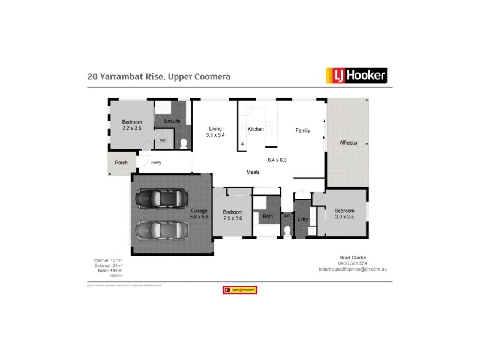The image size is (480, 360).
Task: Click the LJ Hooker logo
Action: tap(356, 75)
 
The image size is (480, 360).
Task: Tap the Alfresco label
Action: tap(349, 143)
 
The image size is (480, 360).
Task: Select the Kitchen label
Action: tap(256, 129)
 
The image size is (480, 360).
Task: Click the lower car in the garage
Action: tap(159, 230)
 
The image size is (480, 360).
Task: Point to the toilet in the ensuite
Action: tap(184, 142)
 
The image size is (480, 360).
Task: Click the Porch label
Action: tap(121, 163)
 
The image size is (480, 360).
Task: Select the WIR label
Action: tap(163, 140)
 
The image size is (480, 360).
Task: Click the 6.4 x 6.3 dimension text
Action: tap(277, 160)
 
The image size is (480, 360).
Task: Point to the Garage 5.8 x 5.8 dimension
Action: tap(199, 217)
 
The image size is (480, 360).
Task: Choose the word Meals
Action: tap(253, 172)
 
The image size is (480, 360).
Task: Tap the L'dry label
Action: tap(303, 220)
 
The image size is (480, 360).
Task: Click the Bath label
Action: tap(268, 216)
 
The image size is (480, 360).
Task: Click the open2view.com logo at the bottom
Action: tap(240, 290)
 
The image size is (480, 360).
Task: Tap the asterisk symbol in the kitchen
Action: tap(242, 144)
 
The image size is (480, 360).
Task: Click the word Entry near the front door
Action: tap(156, 163)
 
